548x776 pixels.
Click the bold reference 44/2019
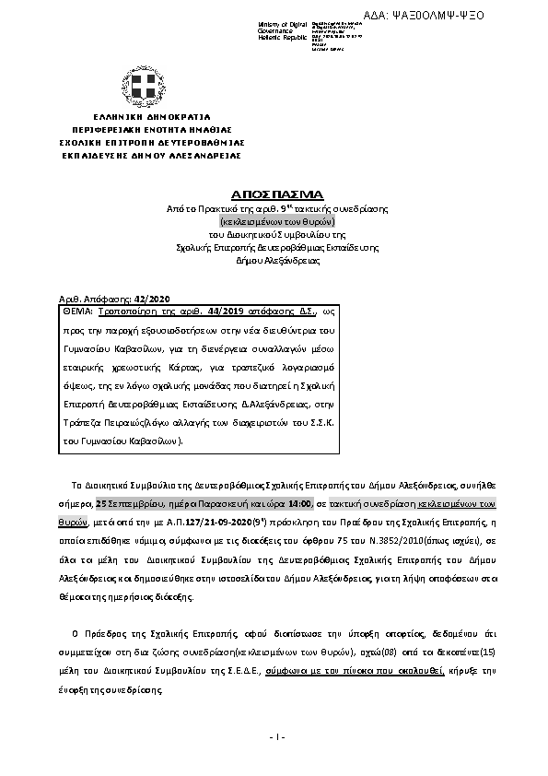pos(191,313)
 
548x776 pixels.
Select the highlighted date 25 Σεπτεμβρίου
pos(125,503)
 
